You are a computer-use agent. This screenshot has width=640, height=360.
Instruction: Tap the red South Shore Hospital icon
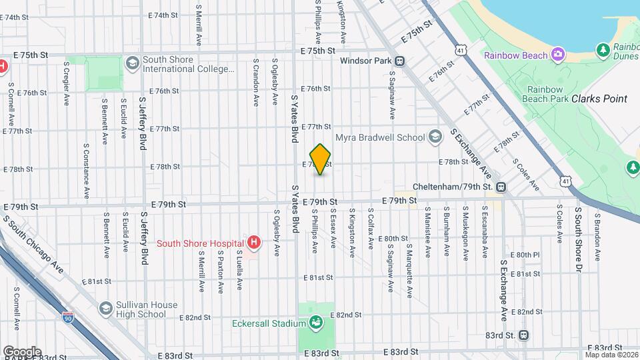[x=253, y=243]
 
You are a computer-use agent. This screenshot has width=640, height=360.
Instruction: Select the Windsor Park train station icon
[x=399, y=61]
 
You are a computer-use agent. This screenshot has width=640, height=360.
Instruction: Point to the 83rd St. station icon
[x=524, y=335]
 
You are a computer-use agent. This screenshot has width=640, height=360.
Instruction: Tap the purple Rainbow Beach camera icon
[x=557, y=54]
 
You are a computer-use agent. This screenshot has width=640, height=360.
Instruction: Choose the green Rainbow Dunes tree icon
[x=603, y=49]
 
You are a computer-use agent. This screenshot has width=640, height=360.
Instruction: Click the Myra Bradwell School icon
[x=435, y=137]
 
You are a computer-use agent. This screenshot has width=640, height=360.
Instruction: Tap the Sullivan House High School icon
[x=105, y=308]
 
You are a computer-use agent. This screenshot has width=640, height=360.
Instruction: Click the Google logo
[x=22, y=351]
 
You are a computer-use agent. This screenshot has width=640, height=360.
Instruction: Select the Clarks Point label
[x=599, y=99]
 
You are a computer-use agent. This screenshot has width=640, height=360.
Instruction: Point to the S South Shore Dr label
[x=578, y=233]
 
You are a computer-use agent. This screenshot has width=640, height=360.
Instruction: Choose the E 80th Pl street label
[x=525, y=255]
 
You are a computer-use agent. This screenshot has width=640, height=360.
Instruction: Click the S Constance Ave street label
[x=86, y=171]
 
